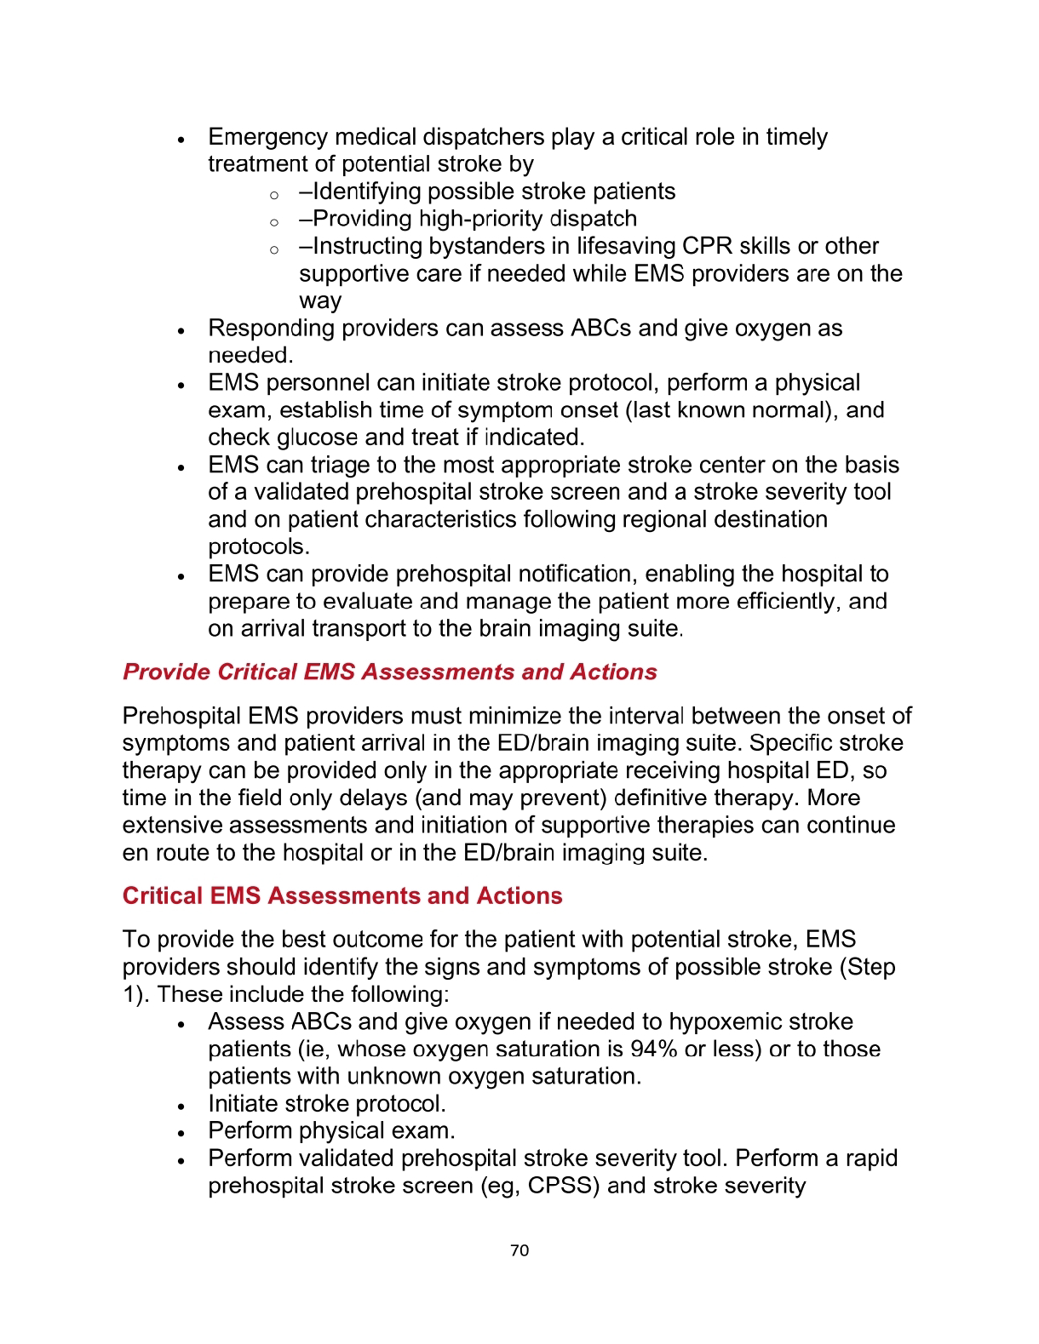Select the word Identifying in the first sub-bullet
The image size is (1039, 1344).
pos(367,192)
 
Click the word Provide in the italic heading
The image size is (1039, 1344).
pos(166,672)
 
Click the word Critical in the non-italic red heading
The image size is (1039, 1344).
pos(163,896)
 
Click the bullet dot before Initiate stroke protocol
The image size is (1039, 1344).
pos(181,1106)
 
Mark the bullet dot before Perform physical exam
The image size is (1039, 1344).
pos(181,1133)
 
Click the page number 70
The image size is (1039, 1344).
pos(519,1250)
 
